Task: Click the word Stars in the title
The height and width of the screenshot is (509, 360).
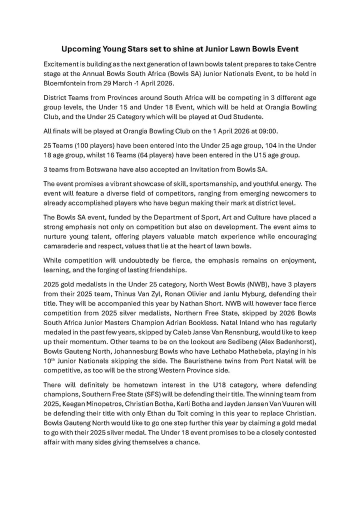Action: tap(132, 49)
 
